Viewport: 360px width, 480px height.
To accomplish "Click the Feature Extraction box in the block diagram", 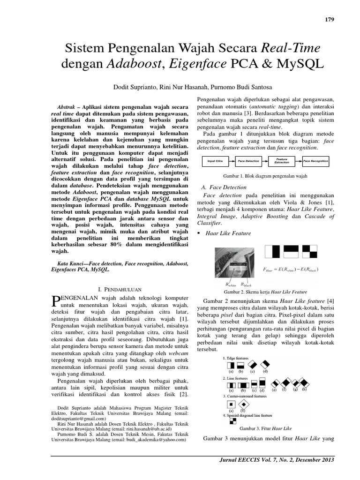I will (x=282, y=161).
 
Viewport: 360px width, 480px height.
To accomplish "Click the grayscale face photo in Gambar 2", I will (x=235, y=265).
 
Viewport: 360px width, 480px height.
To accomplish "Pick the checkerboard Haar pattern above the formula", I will (x=319, y=252).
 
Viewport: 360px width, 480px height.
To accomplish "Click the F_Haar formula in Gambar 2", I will (x=293, y=270).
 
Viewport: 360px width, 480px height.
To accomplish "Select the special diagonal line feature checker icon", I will (x=231, y=421).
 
